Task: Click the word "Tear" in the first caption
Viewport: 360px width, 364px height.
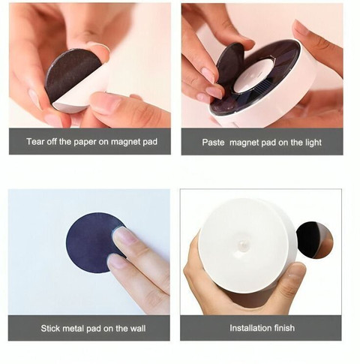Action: [x=34, y=142]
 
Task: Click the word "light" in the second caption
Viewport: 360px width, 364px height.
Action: [x=313, y=143]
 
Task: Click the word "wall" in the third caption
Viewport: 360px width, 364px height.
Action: [x=137, y=328]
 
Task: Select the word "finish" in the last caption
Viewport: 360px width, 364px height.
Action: [x=283, y=328]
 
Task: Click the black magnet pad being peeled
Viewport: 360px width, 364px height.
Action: [x=70, y=75]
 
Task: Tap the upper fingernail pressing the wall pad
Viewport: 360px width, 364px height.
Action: [x=123, y=236]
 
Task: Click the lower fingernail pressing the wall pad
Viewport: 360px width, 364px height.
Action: [x=116, y=262]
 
